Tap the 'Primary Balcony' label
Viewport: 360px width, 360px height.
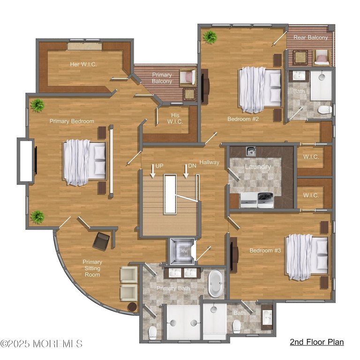162,78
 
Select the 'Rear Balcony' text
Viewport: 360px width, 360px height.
311,37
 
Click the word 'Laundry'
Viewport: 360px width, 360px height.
257,166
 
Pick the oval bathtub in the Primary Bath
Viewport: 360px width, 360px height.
216,283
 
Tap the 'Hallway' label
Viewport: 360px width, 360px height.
209,162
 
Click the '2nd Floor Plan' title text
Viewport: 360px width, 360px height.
316,342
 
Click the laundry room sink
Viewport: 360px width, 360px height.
251,151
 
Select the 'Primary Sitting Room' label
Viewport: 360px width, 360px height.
92,268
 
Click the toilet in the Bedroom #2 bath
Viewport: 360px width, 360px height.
324,110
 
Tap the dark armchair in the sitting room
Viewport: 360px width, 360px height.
101,241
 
